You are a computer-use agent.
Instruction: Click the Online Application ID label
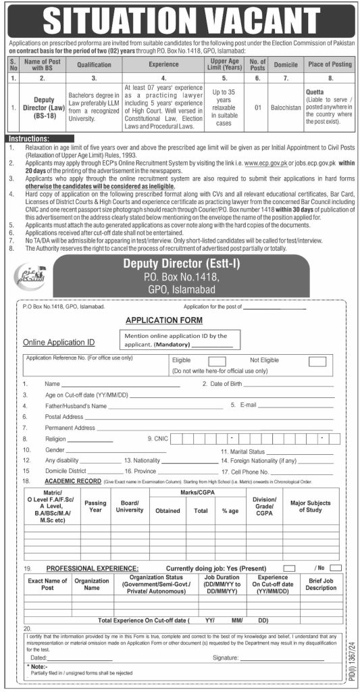click(59, 343)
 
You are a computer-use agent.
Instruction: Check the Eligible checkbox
click(217, 362)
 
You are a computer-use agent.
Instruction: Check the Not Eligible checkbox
click(317, 362)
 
